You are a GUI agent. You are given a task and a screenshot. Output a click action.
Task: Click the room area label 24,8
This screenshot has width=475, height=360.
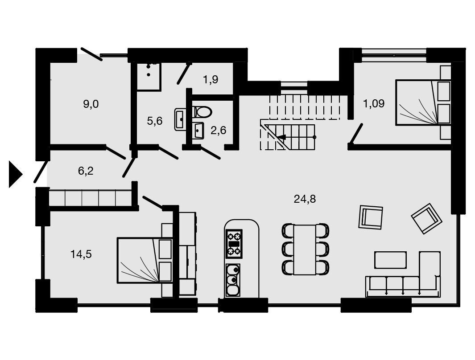point(305,199)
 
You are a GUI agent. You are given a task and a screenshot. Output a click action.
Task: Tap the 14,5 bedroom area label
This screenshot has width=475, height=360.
point(81,254)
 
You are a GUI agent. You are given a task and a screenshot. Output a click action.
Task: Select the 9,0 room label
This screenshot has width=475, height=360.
point(91,104)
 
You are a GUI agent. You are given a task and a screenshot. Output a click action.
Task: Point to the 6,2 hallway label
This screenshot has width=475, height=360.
point(86,171)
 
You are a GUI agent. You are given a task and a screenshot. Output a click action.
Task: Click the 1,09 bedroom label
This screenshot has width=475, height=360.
point(374,103)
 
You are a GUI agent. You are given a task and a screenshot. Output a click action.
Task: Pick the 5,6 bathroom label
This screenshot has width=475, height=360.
point(155,121)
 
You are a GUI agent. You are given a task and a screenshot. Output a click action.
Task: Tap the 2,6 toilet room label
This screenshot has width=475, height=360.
point(219,131)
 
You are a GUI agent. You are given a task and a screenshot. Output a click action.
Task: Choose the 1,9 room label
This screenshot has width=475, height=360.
point(211,80)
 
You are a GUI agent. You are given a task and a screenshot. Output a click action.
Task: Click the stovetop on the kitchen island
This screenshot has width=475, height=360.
point(234,244)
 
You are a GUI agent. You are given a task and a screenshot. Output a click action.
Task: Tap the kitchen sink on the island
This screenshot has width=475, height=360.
point(233,280)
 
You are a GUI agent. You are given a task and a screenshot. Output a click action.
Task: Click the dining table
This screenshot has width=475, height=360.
point(305,249)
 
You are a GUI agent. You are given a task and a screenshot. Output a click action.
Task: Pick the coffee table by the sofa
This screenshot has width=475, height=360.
point(391,260)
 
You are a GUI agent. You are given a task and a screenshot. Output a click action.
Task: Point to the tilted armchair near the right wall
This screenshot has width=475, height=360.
point(426,218)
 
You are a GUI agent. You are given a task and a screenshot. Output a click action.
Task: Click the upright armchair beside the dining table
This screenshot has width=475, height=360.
point(371,217)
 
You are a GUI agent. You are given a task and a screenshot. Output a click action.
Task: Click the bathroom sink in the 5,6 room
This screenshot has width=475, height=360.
point(181,120)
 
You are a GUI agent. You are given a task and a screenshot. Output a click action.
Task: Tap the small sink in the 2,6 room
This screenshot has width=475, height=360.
point(198,131)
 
